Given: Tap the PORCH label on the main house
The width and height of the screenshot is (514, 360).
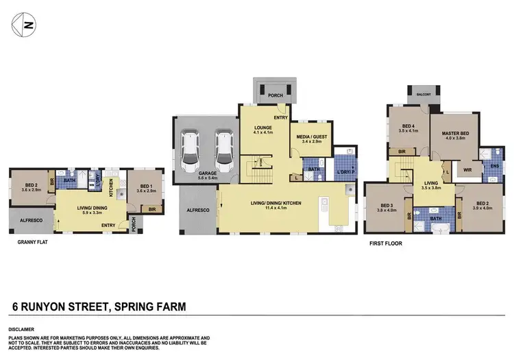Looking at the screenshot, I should point(275,95).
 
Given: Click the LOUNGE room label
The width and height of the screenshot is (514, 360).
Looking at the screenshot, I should point(263,128).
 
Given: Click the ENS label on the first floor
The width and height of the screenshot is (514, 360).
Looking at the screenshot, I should point(494,165).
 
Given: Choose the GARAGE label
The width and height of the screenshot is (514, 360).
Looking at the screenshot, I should point(208,173).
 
